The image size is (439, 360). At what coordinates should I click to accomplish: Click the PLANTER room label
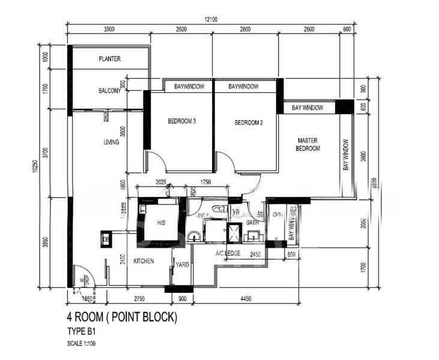point(109,59)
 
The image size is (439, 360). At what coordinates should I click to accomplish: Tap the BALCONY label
point(110,91)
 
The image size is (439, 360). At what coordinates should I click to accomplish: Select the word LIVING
point(111,142)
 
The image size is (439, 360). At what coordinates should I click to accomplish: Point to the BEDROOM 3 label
point(182,121)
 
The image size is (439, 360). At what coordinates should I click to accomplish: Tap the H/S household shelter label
point(160,222)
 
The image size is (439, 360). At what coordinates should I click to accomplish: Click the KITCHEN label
point(144,261)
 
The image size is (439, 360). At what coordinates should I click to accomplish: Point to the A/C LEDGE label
point(228,254)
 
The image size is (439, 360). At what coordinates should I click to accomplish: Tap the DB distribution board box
point(106,239)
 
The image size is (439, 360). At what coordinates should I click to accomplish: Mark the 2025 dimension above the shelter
point(160,181)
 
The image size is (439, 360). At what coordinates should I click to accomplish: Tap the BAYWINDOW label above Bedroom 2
point(244,86)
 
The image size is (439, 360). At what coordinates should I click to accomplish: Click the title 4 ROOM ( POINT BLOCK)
point(122,317)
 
